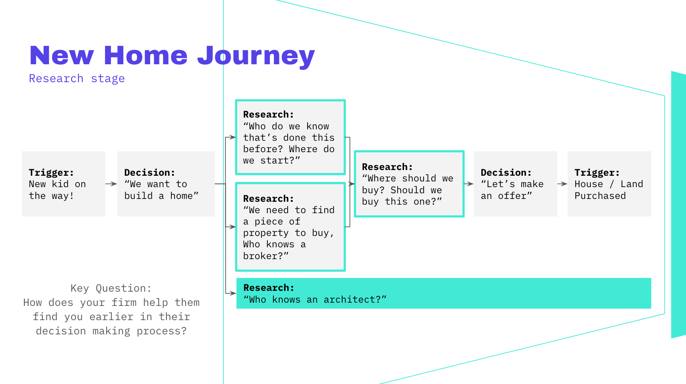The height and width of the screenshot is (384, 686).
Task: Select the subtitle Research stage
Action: (x=76, y=79)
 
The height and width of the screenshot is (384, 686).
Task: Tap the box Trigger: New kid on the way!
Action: (x=63, y=184)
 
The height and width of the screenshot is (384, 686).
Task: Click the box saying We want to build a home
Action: (x=166, y=184)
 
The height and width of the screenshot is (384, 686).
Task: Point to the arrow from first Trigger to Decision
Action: (x=111, y=184)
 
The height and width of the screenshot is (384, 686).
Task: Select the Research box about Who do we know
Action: (x=290, y=137)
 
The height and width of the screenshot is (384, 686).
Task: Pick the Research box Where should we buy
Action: (x=409, y=184)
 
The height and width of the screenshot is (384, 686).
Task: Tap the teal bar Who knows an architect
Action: (x=443, y=293)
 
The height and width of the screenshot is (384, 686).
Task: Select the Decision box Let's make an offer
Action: (x=515, y=184)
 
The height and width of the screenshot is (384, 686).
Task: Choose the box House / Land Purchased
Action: (x=609, y=184)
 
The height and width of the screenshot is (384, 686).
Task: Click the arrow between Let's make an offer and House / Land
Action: (x=562, y=184)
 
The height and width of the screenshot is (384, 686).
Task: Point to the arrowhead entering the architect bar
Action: (x=233, y=293)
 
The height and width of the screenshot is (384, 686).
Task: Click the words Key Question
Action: (x=111, y=288)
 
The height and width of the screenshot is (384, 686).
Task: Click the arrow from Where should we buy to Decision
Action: (x=469, y=184)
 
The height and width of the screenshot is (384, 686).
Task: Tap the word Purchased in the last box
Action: (x=600, y=196)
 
